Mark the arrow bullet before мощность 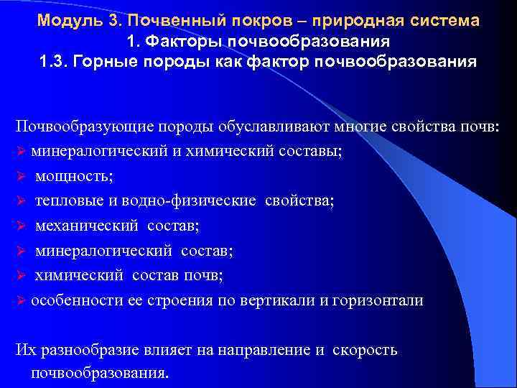(21, 175)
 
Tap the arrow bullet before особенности (21, 300)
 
